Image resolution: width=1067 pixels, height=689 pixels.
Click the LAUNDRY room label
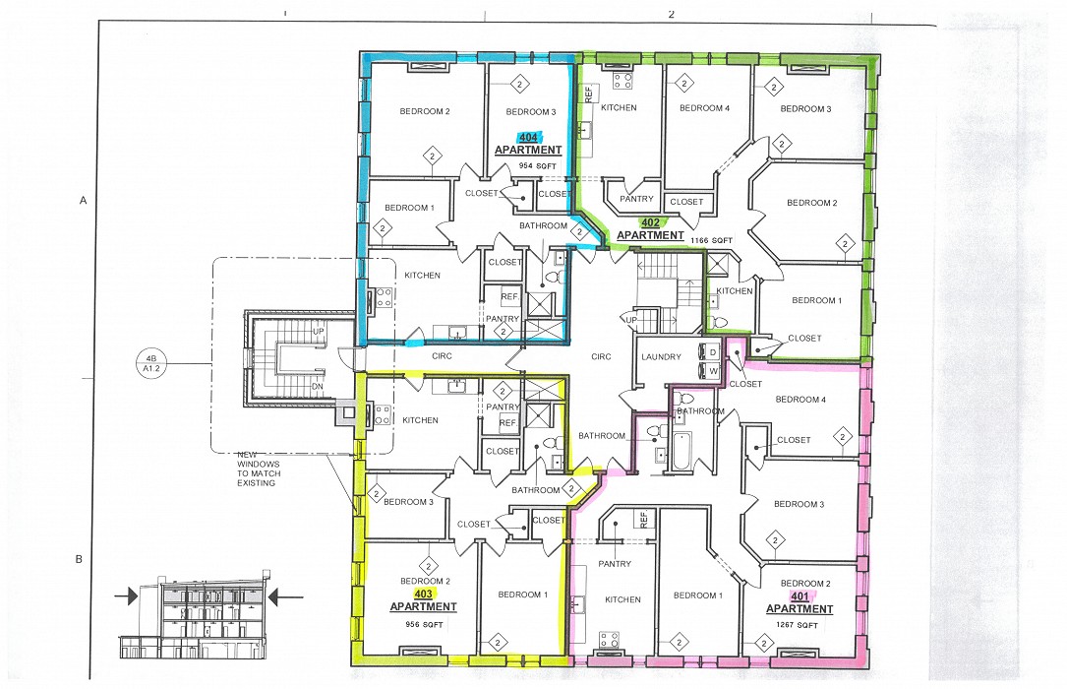pyautogui.click(x=661, y=357)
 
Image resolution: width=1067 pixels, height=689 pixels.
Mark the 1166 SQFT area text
pyautogui.click(x=713, y=240)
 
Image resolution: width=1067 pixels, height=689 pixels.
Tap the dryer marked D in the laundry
pyautogui.click(x=712, y=351)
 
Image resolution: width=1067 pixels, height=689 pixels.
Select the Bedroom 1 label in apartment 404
pyautogui.click(x=409, y=208)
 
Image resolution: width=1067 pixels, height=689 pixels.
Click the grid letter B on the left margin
pyautogui.click(x=79, y=560)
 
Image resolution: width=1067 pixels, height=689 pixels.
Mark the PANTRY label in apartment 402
pyautogui.click(x=637, y=200)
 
